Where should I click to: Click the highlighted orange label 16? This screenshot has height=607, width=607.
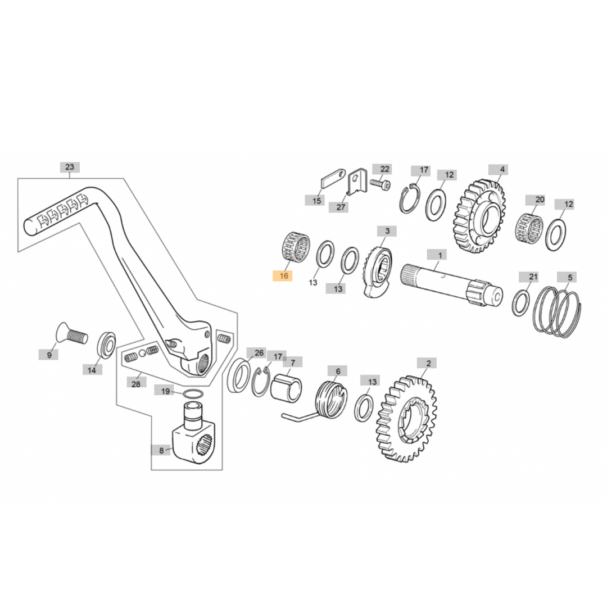[283, 275]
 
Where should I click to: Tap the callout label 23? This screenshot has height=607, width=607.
[69, 167]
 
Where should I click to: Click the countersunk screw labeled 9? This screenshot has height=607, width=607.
[71, 335]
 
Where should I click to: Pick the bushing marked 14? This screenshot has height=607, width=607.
[107, 345]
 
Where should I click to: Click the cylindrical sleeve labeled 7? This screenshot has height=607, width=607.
[286, 388]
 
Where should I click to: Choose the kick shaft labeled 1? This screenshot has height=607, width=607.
[450, 283]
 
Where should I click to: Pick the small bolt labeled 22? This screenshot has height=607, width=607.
[380, 183]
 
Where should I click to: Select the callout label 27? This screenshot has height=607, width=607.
[341, 207]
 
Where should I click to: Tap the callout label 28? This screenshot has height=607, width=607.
[135, 384]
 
